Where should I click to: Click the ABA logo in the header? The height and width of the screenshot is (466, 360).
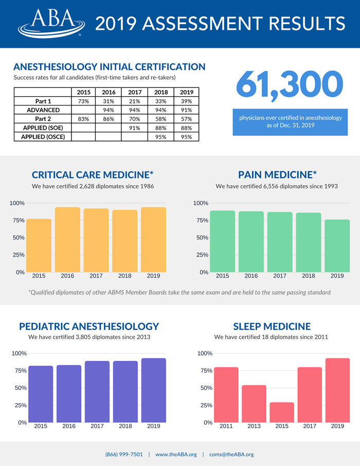51,23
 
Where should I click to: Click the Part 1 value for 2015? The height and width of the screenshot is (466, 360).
83,101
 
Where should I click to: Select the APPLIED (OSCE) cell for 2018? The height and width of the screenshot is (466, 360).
161,137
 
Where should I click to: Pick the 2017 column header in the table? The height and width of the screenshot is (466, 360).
135,92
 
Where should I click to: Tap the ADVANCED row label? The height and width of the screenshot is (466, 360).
43,110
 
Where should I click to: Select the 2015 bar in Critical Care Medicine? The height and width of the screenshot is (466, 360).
39,245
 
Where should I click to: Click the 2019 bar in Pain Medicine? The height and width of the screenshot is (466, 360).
337,246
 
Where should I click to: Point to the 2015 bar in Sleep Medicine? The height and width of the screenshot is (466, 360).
282,412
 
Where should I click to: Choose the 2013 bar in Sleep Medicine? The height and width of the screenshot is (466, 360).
254,404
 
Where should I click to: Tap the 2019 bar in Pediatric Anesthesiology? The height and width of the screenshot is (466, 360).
154,390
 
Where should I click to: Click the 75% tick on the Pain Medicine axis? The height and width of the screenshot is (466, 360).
202,220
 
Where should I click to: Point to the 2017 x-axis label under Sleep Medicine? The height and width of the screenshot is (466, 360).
310,426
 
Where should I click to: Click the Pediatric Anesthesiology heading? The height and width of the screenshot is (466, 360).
89,326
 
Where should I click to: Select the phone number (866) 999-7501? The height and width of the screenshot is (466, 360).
124,454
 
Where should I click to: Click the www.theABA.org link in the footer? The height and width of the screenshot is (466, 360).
176,454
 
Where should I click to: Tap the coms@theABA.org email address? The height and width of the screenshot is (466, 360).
231,454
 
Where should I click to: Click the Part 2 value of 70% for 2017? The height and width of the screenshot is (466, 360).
135,119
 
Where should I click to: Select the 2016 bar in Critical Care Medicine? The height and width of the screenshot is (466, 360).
67,240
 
